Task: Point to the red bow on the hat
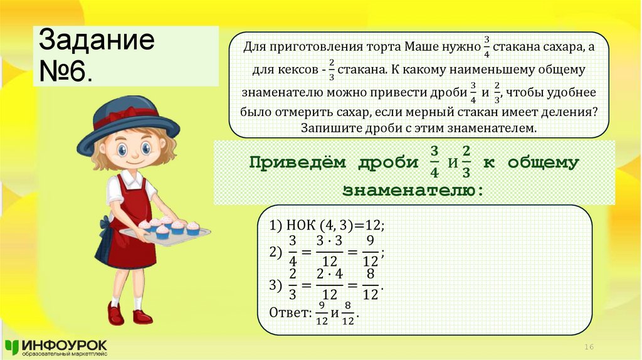[x=126, y=114]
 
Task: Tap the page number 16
[x=589, y=347]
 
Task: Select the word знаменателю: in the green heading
[x=413, y=189]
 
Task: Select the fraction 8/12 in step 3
[x=371, y=285]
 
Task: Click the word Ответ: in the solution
[x=290, y=312]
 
